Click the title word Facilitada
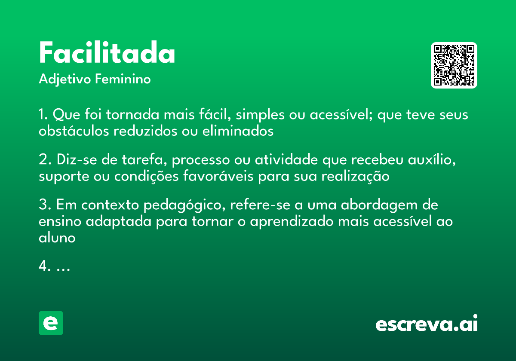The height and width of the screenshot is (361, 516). (107, 54)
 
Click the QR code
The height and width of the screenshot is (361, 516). (454, 65)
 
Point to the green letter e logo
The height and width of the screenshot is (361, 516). (51, 323)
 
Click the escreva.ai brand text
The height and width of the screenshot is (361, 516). (427, 324)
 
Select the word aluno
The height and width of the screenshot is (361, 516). (57, 237)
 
